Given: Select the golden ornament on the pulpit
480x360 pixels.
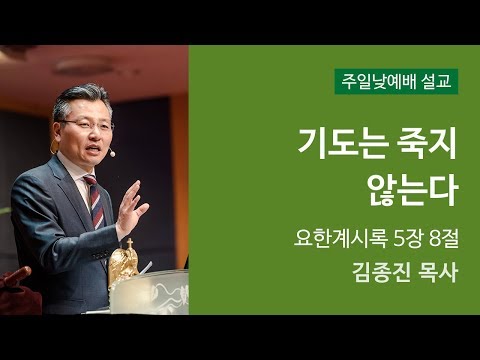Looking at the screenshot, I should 124,261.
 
